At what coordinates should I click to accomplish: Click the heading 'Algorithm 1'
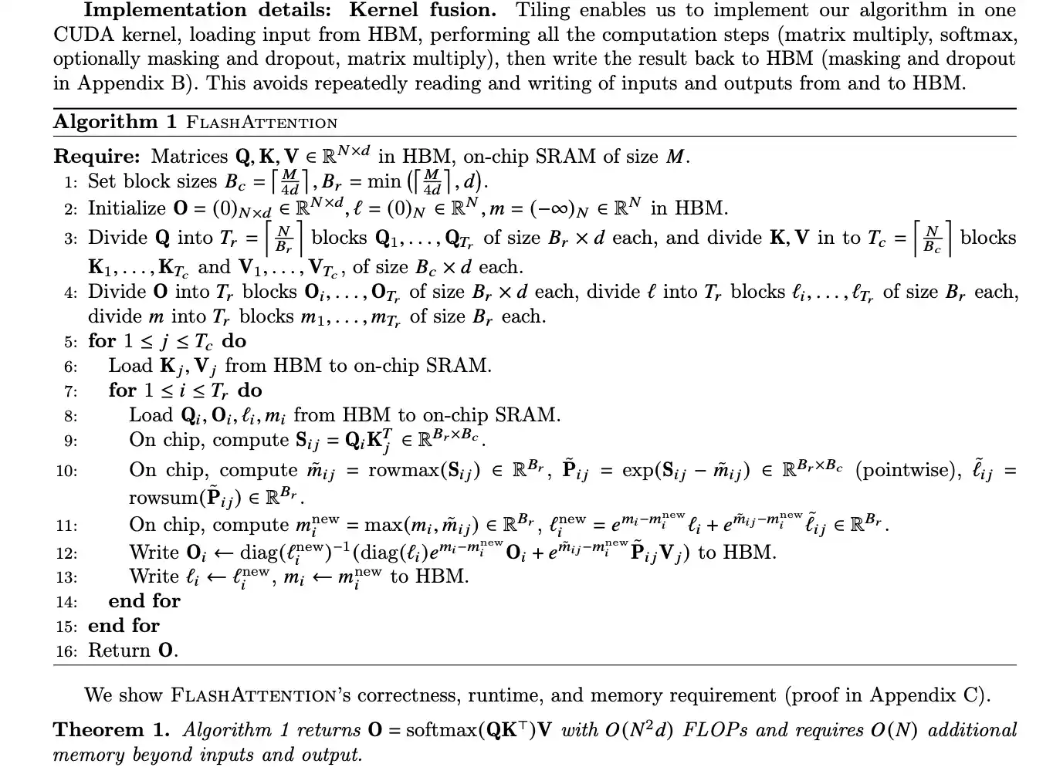(x=115, y=122)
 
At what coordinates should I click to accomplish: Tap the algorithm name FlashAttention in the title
(x=262, y=123)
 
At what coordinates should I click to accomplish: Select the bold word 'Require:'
(x=96, y=157)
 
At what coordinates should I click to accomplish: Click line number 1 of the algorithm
(x=70, y=183)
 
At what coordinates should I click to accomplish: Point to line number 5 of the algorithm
(x=70, y=342)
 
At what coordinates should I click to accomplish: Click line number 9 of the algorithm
(x=70, y=441)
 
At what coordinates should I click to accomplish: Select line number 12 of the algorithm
(x=66, y=553)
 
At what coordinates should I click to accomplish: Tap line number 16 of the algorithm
(x=66, y=651)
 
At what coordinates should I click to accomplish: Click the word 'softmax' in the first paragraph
(x=980, y=35)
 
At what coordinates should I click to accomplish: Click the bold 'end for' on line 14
(x=144, y=601)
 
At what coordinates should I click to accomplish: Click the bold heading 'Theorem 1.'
(x=110, y=730)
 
